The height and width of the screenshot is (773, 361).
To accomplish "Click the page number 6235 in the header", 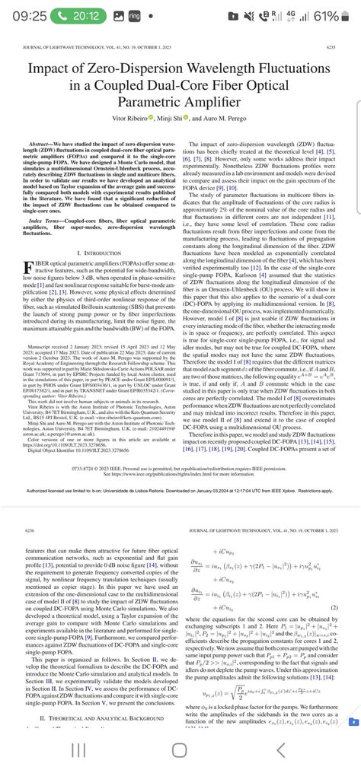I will click(330, 47).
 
